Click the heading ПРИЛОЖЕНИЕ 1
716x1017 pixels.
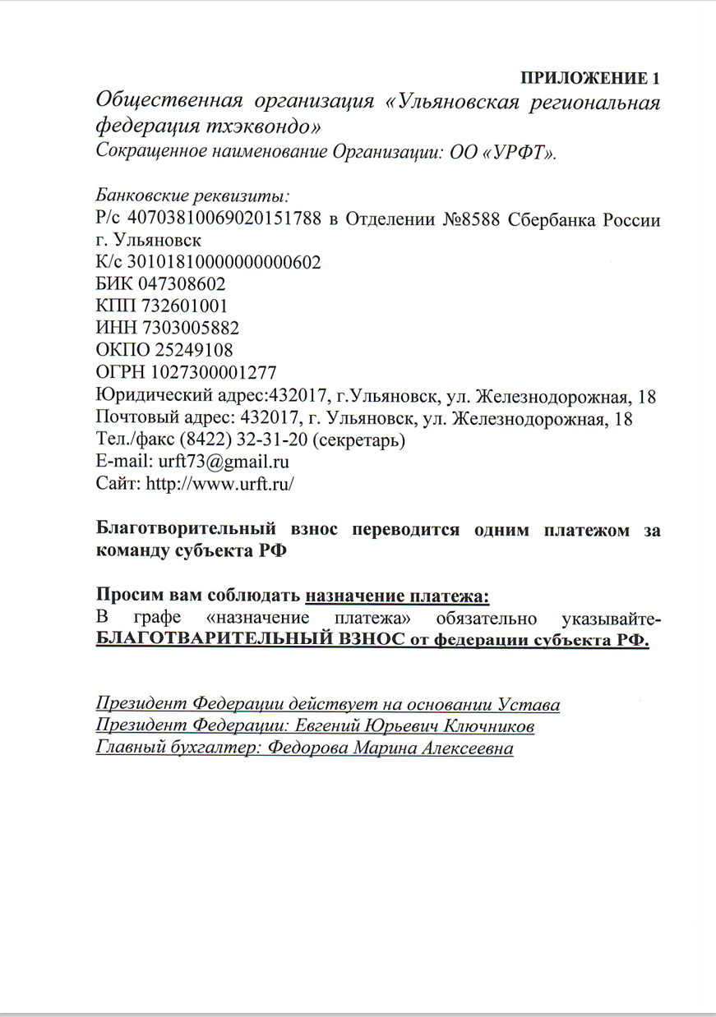coord(590,79)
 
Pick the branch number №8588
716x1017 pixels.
coord(464,220)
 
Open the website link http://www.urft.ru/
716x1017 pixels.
coord(219,483)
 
